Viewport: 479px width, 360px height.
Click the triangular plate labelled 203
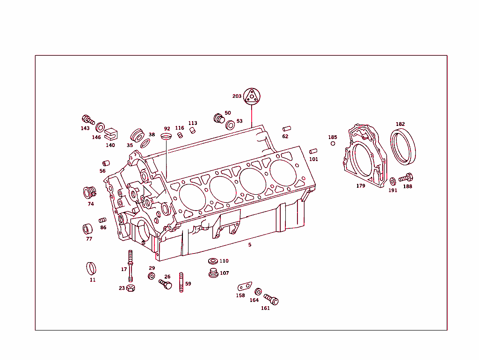(x=252, y=96)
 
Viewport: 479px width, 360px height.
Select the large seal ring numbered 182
(x=403, y=147)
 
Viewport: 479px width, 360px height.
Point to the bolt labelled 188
(x=406, y=178)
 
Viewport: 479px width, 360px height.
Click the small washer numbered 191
(x=392, y=181)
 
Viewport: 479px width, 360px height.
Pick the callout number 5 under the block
(x=250, y=244)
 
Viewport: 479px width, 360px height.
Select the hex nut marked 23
(x=131, y=288)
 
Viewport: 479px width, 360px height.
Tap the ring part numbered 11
(x=92, y=269)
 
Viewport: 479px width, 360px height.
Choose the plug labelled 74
(x=89, y=192)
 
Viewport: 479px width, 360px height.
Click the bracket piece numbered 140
(x=110, y=134)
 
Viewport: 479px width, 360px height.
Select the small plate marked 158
(x=244, y=286)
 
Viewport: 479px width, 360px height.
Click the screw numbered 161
(x=271, y=299)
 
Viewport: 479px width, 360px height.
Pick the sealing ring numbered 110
(x=212, y=261)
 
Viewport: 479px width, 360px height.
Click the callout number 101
(x=313, y=159)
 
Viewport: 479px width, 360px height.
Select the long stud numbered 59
(x=181, y=282)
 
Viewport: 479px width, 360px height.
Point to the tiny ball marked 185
(x=333, y=143)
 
